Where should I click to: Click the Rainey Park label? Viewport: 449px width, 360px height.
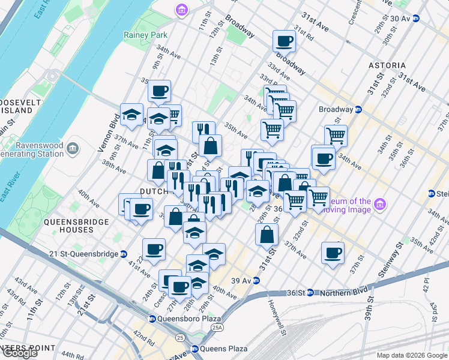(x=140, y=35)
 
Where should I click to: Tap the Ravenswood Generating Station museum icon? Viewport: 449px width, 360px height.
(x=73, y=147)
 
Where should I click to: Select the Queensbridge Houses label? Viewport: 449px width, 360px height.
(x=76, y=226)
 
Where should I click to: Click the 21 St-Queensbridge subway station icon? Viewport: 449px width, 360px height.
(x=123, y=254)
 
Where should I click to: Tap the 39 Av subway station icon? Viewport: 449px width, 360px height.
(x=255, y=280)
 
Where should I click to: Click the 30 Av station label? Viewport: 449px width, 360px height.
(x=399, y=19)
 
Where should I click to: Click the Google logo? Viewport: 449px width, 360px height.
(x=20, y=353)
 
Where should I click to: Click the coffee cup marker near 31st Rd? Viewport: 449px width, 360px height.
(x=284, y=42)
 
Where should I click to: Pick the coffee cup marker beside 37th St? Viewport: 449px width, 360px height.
(x=333, y=253)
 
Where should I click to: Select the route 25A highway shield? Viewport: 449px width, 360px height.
(x=215, y=327)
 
